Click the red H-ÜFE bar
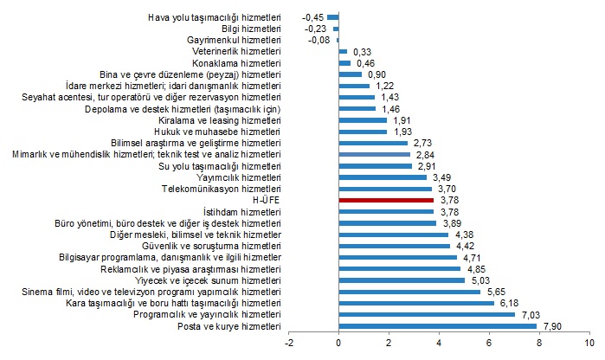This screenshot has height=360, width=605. coord(385,199)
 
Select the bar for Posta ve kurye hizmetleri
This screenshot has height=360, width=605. coord(437,326)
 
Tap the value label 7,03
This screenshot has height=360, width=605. coord(529,315)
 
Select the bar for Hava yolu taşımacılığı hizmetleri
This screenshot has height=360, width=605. coord(333,16)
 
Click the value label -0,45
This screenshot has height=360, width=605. coord(312,16)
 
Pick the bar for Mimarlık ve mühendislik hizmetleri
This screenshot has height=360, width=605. coord(374,153)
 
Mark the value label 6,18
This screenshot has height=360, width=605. coord(507,303)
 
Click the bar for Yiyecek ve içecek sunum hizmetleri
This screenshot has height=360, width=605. coord(402,280)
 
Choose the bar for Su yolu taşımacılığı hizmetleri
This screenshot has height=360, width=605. coord(375,165)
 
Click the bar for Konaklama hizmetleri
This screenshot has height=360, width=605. coord(344,62)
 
